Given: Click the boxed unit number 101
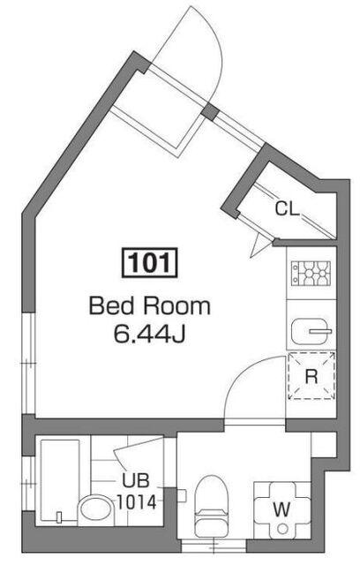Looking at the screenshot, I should pos(149,263).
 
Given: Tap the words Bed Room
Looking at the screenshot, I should pos(149,307).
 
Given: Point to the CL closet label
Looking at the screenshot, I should pos(286,209).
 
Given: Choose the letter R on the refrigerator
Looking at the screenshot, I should pos(311,376).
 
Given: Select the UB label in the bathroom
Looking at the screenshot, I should pos(137,483).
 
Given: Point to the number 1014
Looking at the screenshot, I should pos(137,501).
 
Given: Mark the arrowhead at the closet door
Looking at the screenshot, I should pos(259,244).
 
